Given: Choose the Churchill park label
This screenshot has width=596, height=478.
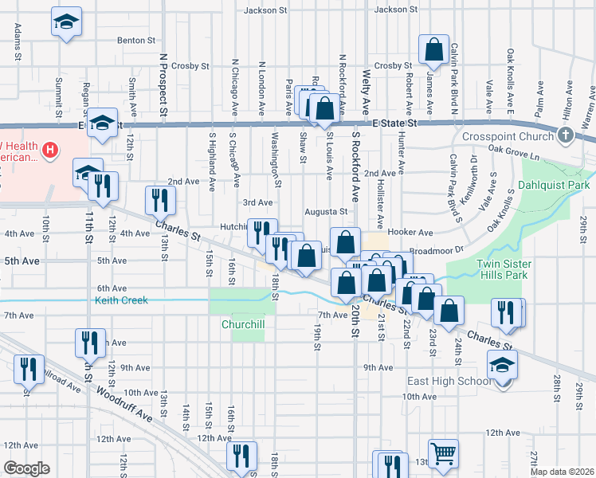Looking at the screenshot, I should tap(243, 324).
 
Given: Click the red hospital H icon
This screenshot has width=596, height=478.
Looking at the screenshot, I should tap(50, 149).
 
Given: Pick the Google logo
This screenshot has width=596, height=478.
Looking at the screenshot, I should tap(26, 468).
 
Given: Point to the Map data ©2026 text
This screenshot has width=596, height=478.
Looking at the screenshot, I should tap(560, 472).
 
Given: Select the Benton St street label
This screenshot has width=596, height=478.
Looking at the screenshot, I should tap(136, 40).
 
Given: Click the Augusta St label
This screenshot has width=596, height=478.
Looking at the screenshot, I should tap(327, 212).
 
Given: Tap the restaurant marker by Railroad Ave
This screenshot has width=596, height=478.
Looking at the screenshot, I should tap(29, 369).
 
